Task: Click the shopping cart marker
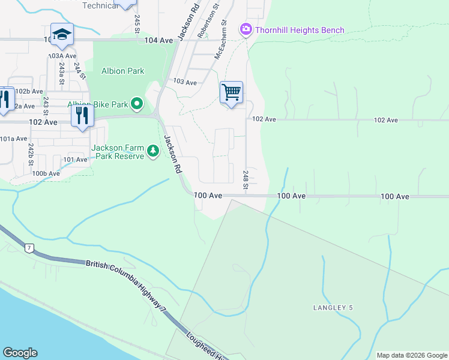tap(231, 93)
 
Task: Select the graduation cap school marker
tap(62, 34)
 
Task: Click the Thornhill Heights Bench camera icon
tap(246, 29)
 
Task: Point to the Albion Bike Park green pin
tap(137, 104)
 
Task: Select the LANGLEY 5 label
tap(333, 308)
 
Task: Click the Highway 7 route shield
tap(28, 247)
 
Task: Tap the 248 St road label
tap(246, 178)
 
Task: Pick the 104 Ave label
tap(158, 40)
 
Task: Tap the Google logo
tap(20, 353)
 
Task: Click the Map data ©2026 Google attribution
tap(412, 355)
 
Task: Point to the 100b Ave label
tap(46, 173)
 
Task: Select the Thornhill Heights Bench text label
tap(300, 30)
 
